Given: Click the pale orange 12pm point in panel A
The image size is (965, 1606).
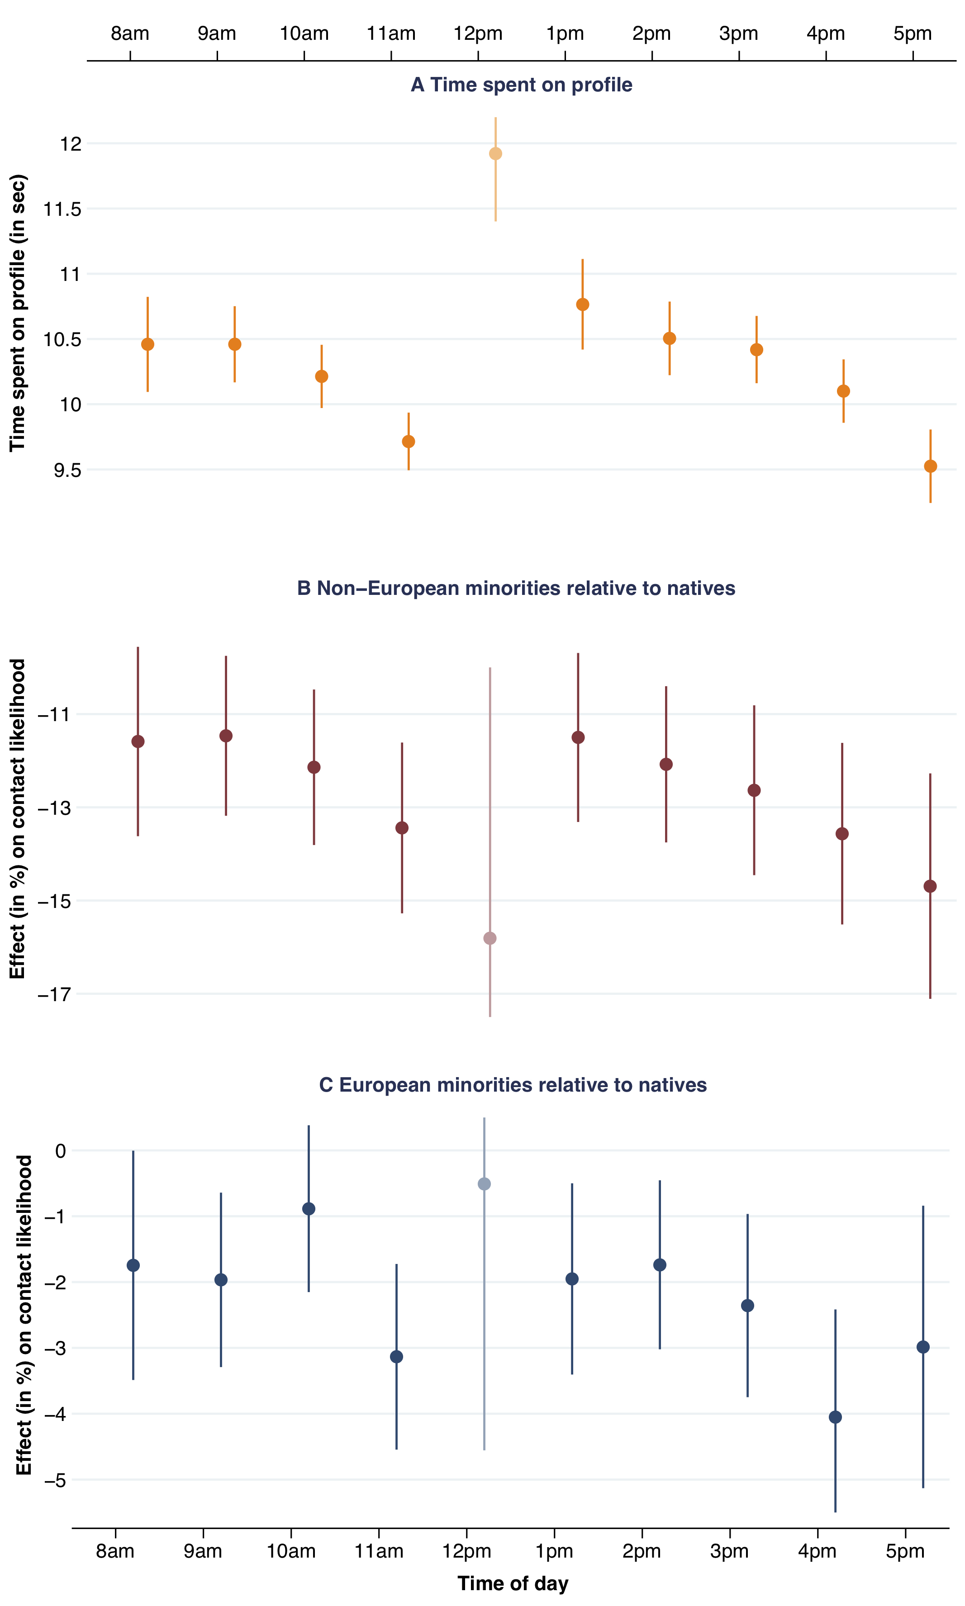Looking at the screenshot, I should tap(495, 153).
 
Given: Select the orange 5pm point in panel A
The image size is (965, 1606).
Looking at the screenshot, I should tap(931, 466).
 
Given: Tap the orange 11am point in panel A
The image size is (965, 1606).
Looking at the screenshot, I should tap(409, 442).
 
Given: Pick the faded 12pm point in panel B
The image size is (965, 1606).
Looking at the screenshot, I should tap(490, 938).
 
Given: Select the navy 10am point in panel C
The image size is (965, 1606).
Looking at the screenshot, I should tap(309, 1209).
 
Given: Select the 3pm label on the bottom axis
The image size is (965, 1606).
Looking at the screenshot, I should tap(730, 1551).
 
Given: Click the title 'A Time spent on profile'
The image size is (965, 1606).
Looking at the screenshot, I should tap(522, 85).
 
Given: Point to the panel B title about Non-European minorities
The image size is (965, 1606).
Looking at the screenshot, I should tap(516, 589).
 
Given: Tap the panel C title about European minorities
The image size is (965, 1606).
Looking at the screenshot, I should tap(513, 1085).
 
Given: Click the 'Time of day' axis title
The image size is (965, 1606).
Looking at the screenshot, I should tap(513, 1583).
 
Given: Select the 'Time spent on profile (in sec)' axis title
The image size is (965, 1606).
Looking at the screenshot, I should tap(18, 313).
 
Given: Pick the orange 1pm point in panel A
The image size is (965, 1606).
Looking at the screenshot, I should tap(583, 304).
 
